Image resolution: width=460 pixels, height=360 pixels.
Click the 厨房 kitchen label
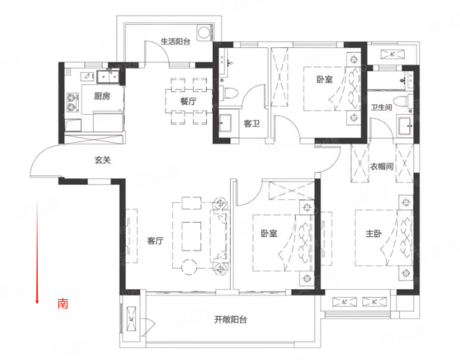click(102, 96)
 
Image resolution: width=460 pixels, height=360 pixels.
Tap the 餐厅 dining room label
click(188, 101)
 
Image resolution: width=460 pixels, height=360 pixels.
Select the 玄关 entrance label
click(103, 160)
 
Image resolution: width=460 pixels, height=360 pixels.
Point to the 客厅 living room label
click(155, 241)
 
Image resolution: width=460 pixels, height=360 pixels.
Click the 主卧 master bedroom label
click(373, 233)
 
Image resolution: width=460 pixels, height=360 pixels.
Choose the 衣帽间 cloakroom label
click(381, 167)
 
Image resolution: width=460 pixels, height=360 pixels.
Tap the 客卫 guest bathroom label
click(252, 124)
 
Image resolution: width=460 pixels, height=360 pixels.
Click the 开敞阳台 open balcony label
click(231, 320)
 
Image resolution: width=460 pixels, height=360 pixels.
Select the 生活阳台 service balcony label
click(175, 41)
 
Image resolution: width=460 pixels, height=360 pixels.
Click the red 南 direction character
click(63, 304)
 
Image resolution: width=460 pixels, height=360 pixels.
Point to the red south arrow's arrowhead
click(37, 301)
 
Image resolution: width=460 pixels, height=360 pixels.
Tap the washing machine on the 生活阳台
click(204, 33)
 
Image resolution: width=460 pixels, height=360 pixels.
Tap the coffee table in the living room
click(191, 236)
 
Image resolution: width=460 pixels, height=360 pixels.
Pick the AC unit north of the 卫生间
click(392, 55)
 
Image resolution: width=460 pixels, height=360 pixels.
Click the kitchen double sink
click(108, 77)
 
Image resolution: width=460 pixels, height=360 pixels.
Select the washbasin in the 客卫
click(225, 123)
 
